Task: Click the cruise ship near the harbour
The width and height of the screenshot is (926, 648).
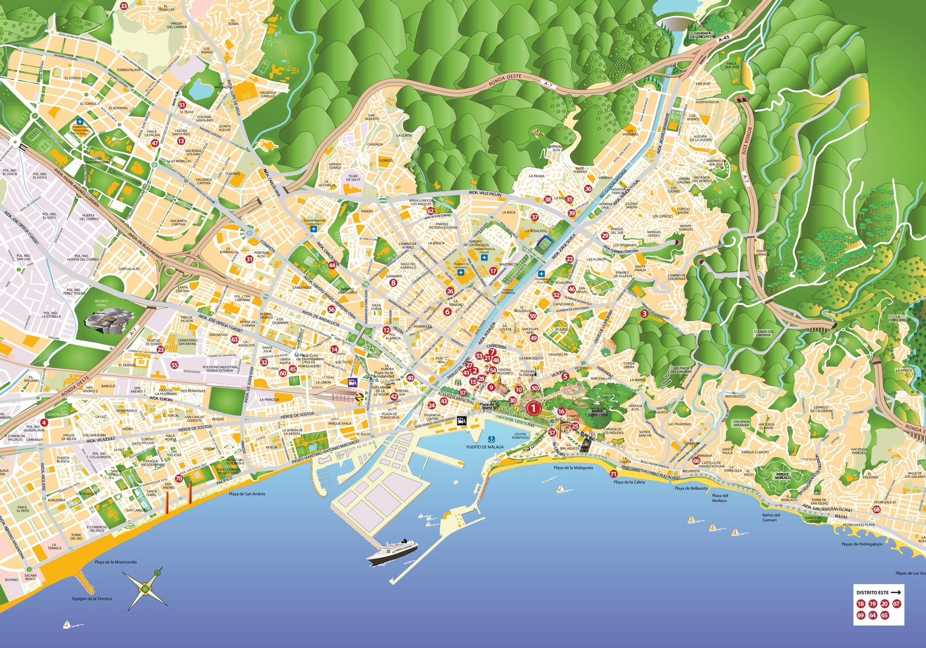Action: point(392,552)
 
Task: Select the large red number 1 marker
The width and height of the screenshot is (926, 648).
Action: point(533,408)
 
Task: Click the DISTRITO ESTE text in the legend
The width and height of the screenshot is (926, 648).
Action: point(872,592)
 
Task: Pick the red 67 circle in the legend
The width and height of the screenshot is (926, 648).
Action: point(896,603)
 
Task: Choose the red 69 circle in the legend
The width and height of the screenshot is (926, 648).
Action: point(861,615)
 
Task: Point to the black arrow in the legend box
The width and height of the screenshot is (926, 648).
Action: point(896,592)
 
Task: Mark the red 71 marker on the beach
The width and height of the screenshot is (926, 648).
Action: point(613,474)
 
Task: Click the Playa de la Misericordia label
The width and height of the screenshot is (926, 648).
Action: point(116,562)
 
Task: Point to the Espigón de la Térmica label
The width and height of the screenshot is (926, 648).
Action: point(92,599)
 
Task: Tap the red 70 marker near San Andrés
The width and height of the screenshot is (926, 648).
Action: point(179,478)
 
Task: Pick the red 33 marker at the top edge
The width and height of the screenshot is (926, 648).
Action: point(124,5)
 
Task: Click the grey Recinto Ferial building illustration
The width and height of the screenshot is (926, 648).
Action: point(109,321)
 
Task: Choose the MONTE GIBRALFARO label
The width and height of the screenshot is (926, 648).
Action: point(598,413)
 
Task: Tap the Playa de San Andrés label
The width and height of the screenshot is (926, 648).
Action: point(247,494)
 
